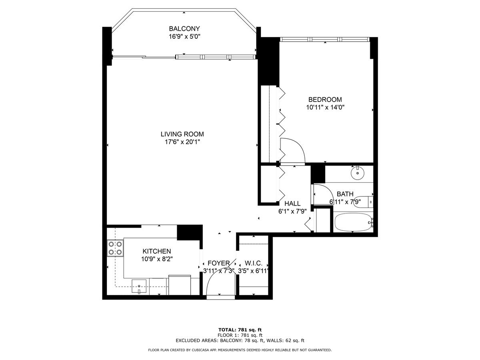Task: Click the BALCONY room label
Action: [184, 29]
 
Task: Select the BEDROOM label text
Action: [325, 100]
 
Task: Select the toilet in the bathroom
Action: [364, 202]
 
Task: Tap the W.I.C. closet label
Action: [254, 263]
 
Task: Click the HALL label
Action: [292, 204]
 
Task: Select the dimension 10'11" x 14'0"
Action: [325, 107]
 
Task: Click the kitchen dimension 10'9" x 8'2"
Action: [157, 259]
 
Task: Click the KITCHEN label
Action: [157, 251]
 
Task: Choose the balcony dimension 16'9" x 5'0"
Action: [184, 36]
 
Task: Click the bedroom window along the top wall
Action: [324, 39]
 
